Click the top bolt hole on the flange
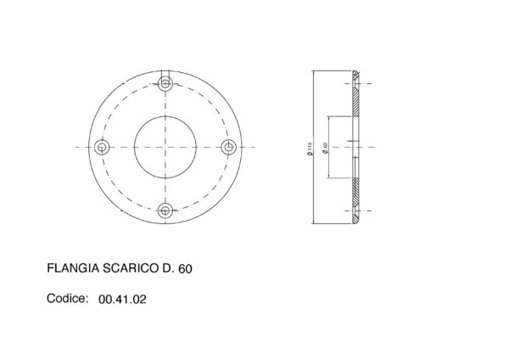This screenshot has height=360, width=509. click(165, 84)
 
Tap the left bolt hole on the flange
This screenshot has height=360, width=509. click(103, 147)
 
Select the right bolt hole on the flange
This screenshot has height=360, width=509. click(227, 147)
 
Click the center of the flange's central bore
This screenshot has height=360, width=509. click(165, 147)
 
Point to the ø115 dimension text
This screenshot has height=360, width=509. click(310, 147)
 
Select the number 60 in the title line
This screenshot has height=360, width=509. click(186, 268)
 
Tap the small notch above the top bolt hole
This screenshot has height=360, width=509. click(165, 71)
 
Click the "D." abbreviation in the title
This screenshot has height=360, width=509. click(169, 268)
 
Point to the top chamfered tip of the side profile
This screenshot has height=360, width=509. click(356, 74)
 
